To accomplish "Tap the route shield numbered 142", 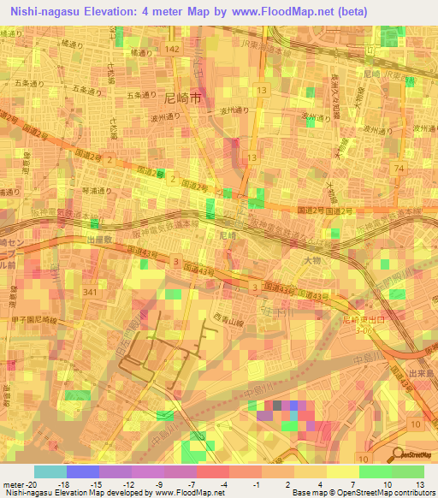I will [x=173, y=50].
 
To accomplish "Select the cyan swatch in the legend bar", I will [x=50, y=471].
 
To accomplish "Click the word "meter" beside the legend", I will [x=13, y=483].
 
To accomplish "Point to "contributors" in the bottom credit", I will [x=410, y=493].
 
